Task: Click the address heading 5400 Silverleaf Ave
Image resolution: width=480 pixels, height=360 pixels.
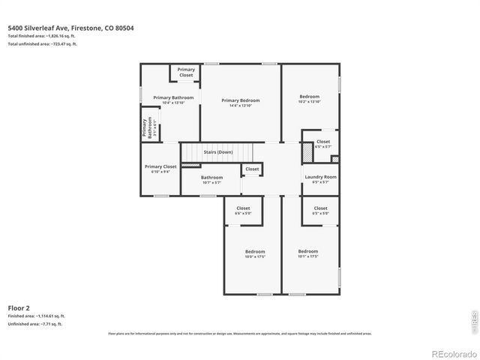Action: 71,28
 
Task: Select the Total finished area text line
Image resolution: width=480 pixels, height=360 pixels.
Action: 43,36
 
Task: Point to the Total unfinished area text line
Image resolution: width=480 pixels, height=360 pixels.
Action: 42,44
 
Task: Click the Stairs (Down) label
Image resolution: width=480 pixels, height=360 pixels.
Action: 218,152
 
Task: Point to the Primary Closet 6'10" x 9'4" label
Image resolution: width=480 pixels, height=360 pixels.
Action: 160,169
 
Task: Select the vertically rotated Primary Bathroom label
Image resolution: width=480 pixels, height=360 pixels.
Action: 148,128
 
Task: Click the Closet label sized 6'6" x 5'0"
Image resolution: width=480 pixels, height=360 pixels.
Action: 243,211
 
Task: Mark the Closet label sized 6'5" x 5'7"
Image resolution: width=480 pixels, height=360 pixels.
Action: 322,143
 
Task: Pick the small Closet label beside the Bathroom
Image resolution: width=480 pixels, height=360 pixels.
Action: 252,169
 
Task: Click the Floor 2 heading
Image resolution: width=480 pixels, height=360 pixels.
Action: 19,307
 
